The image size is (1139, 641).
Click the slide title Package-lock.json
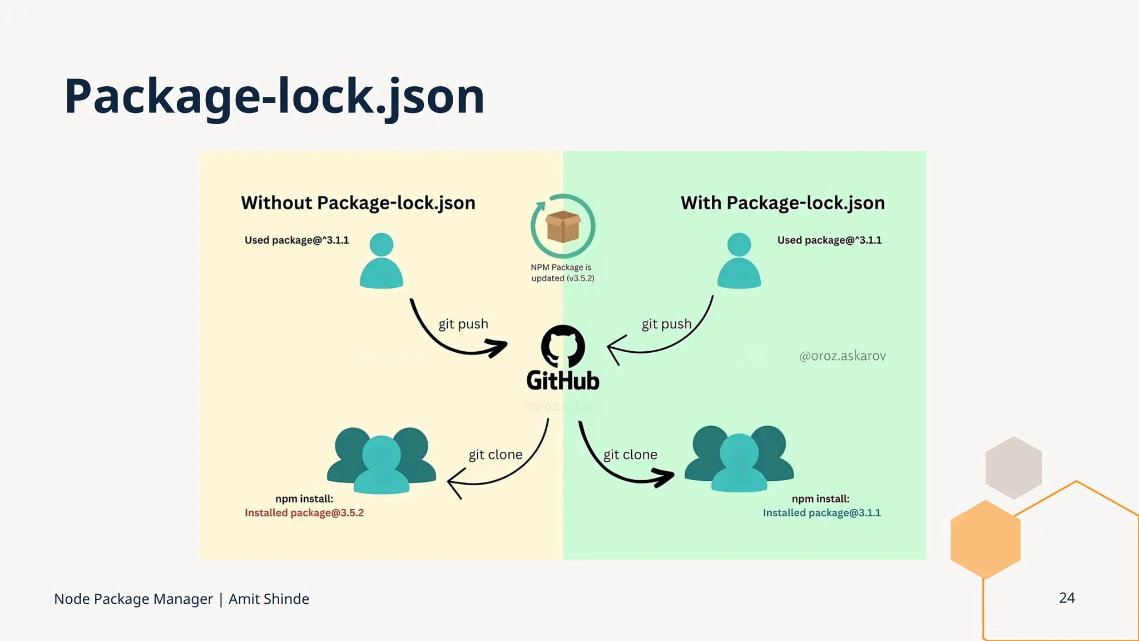tap(274, 96)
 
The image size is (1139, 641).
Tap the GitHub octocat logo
tap(563, 346)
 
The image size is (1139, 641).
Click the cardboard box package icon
tap(563, 226)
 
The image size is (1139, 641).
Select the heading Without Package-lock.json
tap(358, 203)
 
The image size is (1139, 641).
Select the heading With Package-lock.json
tap(783, 203)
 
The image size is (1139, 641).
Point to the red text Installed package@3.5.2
tap(304, 513)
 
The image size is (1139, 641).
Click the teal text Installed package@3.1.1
tap(821, 513)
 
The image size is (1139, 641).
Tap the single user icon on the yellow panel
tap(382, 260)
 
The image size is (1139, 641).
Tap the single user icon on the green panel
tap(739, 260)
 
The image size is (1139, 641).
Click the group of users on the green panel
tap(739, 459)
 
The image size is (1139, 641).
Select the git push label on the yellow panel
tap(463, 324)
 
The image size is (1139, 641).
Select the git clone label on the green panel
tap(630, 455)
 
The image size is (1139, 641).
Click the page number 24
tap(1067, 598)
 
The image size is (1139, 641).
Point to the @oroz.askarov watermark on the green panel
tap(842, 356)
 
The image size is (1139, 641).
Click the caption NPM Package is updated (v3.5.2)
tap(562, 273)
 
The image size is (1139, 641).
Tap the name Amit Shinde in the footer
tap(269, 599)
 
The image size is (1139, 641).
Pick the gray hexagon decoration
tap(1013, 467)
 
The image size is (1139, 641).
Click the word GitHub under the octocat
tap(563, 381)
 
